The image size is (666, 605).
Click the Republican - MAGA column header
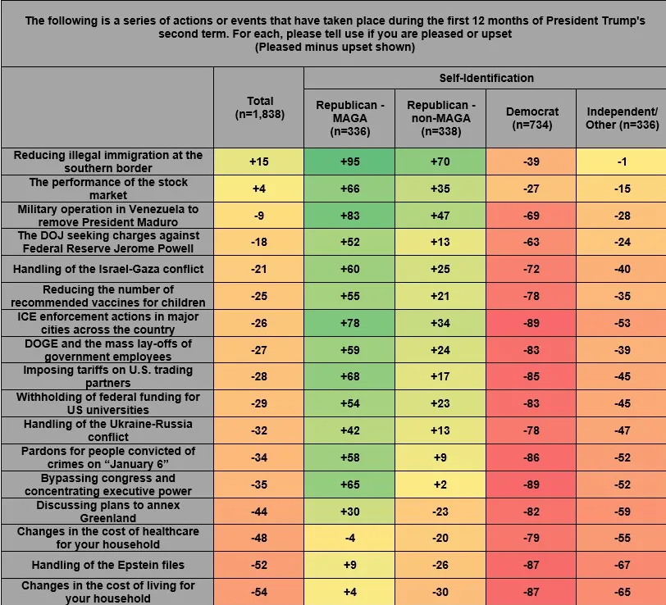[349, 117]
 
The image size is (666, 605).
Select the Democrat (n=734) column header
[531, 117]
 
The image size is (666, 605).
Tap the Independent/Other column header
[621, 117]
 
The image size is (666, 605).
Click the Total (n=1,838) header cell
[259, 108]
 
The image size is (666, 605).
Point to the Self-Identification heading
[485, 78]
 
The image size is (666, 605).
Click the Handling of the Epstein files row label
[107, 564]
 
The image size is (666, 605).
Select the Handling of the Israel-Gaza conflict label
[107, 269]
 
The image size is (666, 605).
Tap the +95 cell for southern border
[349, 161]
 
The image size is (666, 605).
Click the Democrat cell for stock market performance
[531, 189]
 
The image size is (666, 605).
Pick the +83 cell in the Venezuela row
[349, 216]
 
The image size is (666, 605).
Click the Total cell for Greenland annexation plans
[259, 511]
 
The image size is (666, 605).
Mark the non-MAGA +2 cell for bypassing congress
[440, 484]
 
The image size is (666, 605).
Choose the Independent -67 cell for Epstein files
[621, 564]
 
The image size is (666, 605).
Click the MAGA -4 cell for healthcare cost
[349, 538]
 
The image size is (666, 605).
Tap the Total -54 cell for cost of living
[259, 591]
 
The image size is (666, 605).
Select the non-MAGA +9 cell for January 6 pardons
[440, 457]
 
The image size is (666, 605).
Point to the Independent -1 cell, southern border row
[621, 161]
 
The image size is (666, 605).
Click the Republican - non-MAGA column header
[440, 117]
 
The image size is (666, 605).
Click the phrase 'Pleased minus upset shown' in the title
[333, 48]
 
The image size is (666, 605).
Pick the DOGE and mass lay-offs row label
[107, 350]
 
